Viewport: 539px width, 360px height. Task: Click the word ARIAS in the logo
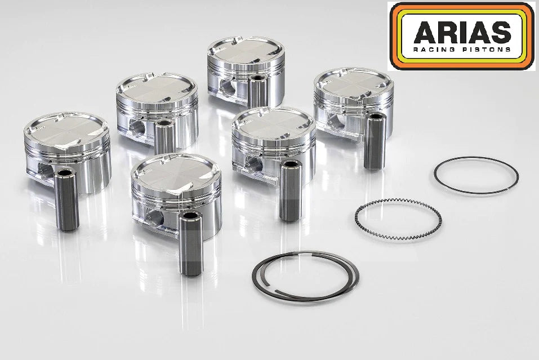[462, 34]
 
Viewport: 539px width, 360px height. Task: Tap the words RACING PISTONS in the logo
[462, 50]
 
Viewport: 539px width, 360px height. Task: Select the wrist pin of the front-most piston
[188, 242]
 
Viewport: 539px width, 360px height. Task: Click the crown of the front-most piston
[175, 170]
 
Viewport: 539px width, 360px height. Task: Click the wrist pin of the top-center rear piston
[259, 90]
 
